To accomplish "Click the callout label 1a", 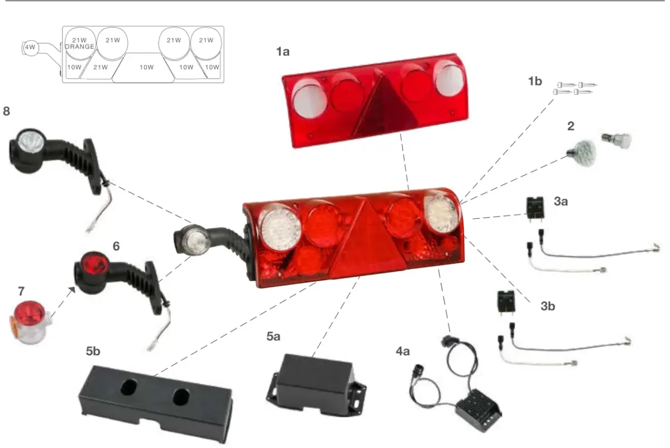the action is [283, 52].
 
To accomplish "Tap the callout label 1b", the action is [535, 81].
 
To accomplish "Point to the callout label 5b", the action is [93, 351].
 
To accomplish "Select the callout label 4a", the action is [403, 351].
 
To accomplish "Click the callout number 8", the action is [6, 111].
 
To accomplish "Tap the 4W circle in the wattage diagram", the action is [30, 47].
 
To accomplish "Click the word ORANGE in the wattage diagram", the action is [79, 47].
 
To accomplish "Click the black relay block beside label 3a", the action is [535, 207].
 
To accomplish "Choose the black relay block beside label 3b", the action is [506, 301].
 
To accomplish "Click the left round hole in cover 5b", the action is [129, 387].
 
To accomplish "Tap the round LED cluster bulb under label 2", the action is [582, 153].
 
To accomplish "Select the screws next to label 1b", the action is [575, 89].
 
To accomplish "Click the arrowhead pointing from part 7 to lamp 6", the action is [72, 290].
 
